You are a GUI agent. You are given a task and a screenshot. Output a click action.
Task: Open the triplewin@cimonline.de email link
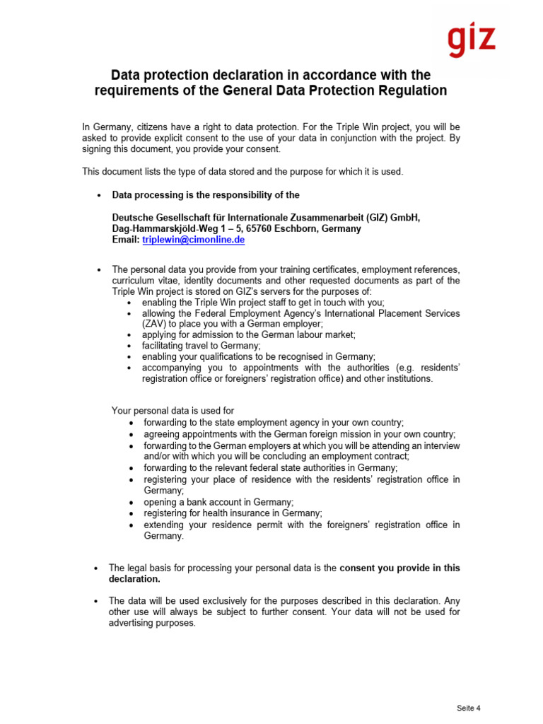coord(193,240)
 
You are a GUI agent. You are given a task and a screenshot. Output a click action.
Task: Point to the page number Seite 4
coord(469,708)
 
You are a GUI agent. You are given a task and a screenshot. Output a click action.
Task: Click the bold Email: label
coord(126,240)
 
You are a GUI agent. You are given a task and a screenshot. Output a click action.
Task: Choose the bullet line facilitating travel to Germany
coord(201,346)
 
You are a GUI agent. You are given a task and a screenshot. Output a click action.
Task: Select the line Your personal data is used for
coord(173,411)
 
